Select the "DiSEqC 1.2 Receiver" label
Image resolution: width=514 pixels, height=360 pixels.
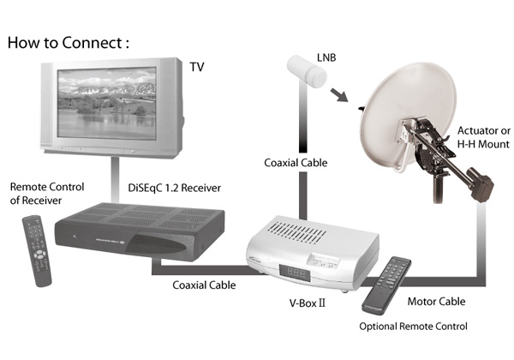click(160, 184)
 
